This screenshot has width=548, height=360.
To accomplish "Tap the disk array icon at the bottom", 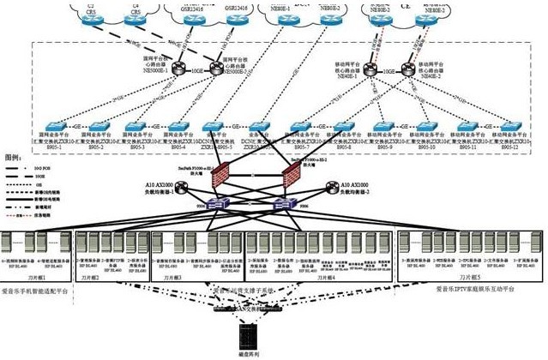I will (x=250, y=332).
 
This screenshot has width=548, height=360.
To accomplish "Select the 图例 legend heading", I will (x=15, y=159).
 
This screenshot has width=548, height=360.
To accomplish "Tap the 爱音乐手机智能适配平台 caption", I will (x=40, y=291).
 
